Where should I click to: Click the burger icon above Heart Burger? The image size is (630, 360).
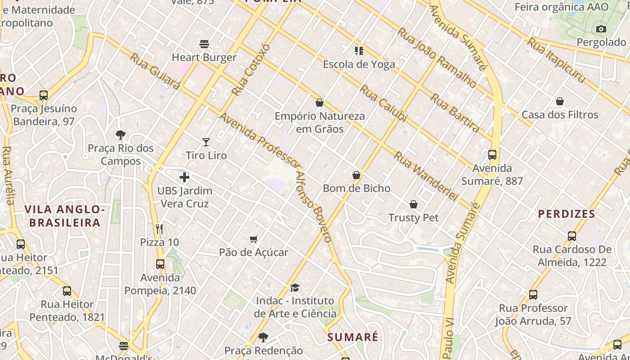204,44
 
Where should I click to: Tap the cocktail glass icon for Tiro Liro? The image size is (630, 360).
206,142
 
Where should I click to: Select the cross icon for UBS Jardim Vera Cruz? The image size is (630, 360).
184,177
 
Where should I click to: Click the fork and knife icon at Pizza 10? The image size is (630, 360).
159,229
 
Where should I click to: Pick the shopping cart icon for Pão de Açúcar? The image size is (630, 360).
254,239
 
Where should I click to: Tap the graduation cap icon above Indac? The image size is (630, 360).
295,288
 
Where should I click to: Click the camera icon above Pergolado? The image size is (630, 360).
601,29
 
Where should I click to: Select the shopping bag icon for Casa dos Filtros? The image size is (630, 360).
560,101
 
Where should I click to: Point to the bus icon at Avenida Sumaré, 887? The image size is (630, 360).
492,155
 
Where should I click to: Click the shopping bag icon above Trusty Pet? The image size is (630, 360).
414,204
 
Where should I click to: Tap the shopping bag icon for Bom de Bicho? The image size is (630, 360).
356,175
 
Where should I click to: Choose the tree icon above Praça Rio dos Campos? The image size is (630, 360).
120,135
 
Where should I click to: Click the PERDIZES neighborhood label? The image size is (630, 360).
567,214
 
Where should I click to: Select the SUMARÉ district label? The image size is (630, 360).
353,337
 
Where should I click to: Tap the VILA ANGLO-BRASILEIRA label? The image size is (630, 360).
65,216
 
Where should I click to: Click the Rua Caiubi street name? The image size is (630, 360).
383,104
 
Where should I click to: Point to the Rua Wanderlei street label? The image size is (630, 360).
426,176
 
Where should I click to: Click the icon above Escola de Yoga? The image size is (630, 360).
359,51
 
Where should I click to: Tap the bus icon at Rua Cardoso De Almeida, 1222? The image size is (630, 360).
571,236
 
